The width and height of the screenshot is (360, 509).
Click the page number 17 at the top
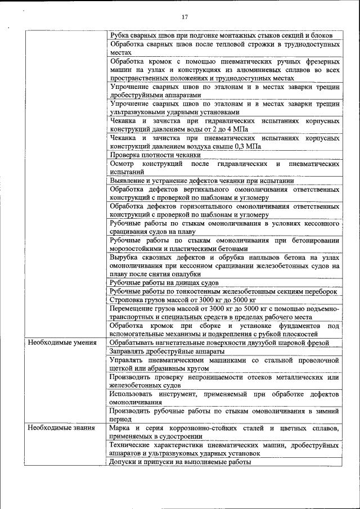184,17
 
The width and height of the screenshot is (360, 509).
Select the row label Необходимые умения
62,343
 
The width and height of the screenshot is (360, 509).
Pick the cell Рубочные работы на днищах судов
164,283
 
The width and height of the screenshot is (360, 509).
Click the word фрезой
326,343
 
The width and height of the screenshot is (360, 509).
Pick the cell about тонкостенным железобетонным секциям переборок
223,291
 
